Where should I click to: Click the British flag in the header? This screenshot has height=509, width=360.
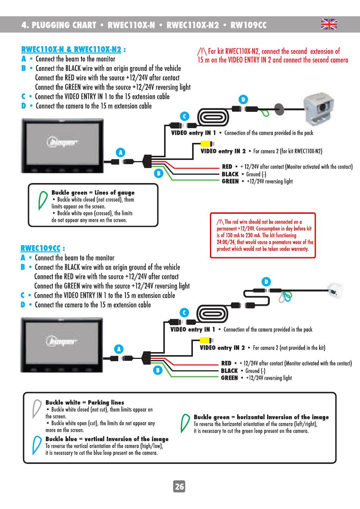click(x=329, y=24)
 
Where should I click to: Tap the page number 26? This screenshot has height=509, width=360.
click(x=179, y=486)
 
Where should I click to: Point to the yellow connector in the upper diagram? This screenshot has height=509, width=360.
click(x=207, y=144)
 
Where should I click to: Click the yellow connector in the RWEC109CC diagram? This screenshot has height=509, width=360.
click(x=206, y=340)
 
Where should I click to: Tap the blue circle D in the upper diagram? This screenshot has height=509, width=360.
click(x=243, y=100)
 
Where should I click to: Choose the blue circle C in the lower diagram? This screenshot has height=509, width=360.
click(x=184, y=313)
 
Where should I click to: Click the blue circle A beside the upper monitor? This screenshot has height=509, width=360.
click(x=121, y=152)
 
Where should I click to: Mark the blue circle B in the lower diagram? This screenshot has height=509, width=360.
click(x=158, y=370)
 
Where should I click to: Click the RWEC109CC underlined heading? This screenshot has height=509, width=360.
click(x=41, y=248)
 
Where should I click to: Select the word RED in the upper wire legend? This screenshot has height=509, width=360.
click(x=227, y=166)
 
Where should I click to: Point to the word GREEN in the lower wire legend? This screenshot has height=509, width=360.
click(x=229, y=378)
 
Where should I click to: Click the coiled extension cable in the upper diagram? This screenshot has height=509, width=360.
click(x=213, y=117)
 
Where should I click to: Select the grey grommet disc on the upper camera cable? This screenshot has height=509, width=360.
click(x=279, y=109)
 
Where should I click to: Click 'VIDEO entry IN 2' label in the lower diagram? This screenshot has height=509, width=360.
click(x=222, y=348)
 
